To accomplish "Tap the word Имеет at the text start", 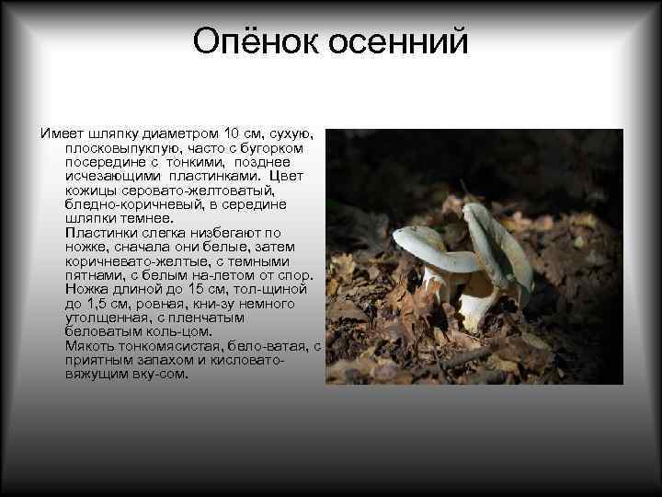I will [x=63, y=133].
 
